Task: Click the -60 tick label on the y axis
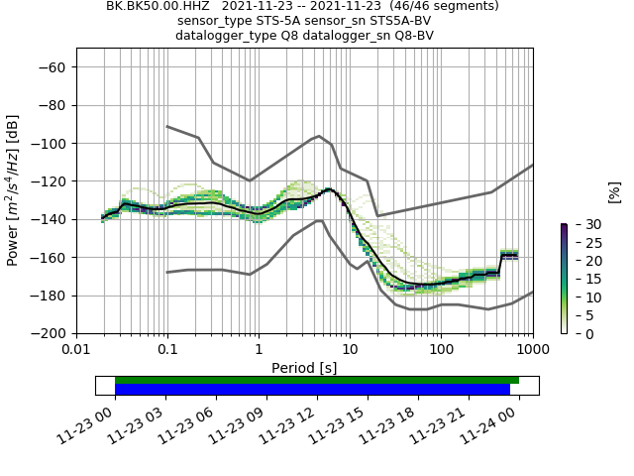[x=53, y=67]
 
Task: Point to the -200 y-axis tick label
[x=50, y=333]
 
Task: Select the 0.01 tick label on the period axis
[x=76, y=350]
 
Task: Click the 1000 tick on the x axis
[x=532, y=350]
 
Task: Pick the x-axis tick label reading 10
[x=350, y=350]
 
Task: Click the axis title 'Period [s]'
[x=304, y=368]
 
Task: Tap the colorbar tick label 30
[x=581, y=225]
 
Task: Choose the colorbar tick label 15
[x=581, y=280]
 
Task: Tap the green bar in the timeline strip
[x=317, y=380]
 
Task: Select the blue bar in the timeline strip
[x=312, y=390]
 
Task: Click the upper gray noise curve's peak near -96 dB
[x=318, y=136]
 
